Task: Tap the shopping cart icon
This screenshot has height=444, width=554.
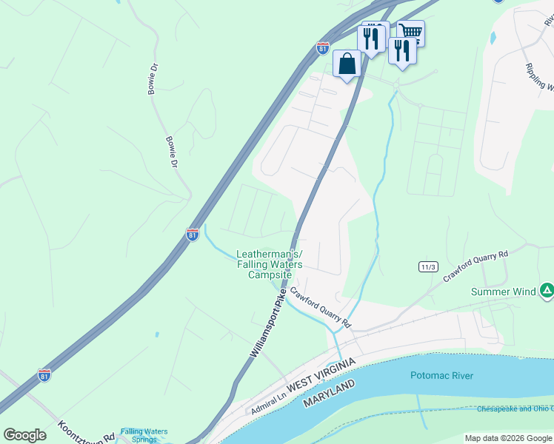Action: pos(410,32)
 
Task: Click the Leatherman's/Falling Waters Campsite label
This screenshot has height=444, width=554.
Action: pos(270,264)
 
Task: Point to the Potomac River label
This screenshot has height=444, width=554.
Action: pos(441,375)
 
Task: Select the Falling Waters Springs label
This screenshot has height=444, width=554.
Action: pos(144,435)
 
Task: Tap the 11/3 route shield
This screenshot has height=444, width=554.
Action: pos(427,266)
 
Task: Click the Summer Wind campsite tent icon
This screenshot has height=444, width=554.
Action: pos(547,291)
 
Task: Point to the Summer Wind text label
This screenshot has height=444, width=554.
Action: pos(504,292)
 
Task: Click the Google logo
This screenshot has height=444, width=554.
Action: pos(24,435)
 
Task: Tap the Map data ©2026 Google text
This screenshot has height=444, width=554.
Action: pos(507,438)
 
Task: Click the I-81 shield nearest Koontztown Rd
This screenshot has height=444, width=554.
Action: pos(44,375)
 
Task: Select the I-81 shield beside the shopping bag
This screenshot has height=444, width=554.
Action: pos(322,48)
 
